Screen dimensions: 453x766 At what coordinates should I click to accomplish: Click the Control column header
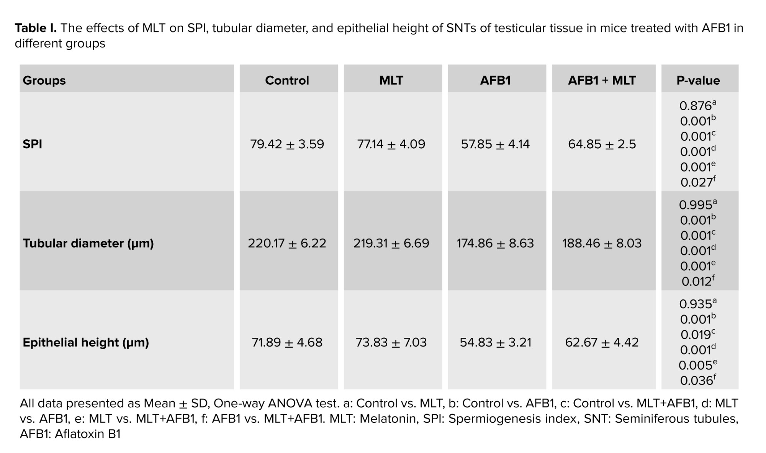pos(287,80)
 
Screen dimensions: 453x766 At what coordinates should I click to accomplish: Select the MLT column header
pos(391,80)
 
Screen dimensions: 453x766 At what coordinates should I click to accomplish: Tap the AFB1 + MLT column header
pos(602,80)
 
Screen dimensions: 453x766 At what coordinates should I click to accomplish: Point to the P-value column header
pos(698,80)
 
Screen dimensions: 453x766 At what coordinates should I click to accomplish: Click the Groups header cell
pos(44,80)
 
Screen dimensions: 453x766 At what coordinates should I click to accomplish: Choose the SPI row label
pos(33,144)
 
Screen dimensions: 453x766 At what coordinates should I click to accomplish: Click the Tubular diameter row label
pos(88,244)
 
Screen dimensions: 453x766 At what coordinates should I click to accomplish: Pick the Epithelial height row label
pos(86,342)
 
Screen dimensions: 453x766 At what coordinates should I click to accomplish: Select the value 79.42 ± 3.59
pos(287,144)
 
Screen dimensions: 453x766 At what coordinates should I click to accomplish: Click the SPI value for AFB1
pos(495,144)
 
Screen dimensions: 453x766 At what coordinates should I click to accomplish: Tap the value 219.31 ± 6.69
pos(391,244)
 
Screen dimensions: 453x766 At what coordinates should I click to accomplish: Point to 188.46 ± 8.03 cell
pos(602,244)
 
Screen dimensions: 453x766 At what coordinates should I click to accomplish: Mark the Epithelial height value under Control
pos(287,342)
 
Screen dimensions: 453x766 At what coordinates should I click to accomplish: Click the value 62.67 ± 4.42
pos(602,342)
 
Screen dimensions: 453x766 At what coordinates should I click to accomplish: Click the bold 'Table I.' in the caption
pos(36,28)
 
